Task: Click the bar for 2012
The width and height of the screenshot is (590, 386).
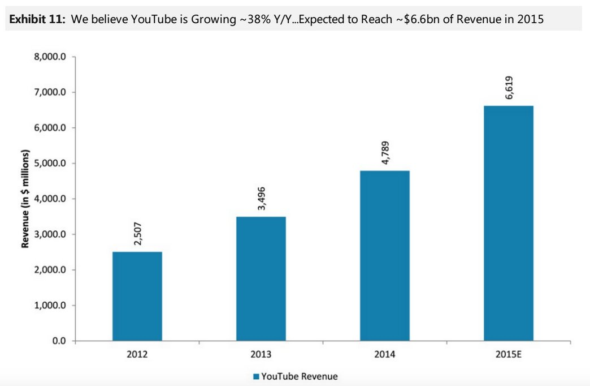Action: (x=137, y=296)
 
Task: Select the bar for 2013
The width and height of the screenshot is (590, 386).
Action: (x=261, y=278)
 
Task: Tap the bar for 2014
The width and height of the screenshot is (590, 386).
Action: (x=385, y=255)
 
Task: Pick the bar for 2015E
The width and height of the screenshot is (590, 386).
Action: (x=509, y=223)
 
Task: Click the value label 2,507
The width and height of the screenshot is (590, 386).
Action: (x=138, y=233)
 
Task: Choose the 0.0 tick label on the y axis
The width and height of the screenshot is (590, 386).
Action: (x=60, y=341)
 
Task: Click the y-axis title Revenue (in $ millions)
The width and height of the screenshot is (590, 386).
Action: (x=25, y=199)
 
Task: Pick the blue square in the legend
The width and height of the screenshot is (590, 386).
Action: (x=255, y=376)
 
